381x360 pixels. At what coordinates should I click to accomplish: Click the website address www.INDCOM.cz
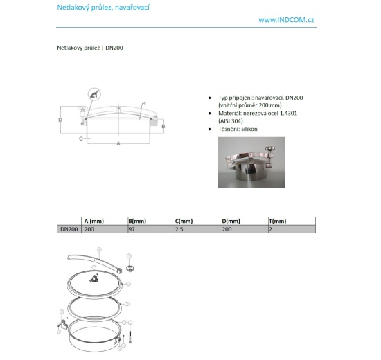(x=286, y=20)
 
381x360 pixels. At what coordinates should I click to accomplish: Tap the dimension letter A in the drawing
(x=118, y=143)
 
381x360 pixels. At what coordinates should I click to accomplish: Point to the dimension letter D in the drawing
(x=60, y=120)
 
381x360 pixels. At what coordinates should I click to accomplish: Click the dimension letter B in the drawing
(x=163, y=127)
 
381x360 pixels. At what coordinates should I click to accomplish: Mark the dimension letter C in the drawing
(x=80, y=138)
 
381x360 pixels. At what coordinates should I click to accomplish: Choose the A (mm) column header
(x=93, y=221)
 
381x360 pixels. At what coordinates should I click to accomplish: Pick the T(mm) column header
(x=276, y=221)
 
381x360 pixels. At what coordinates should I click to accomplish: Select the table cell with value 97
(x=132, y=228)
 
